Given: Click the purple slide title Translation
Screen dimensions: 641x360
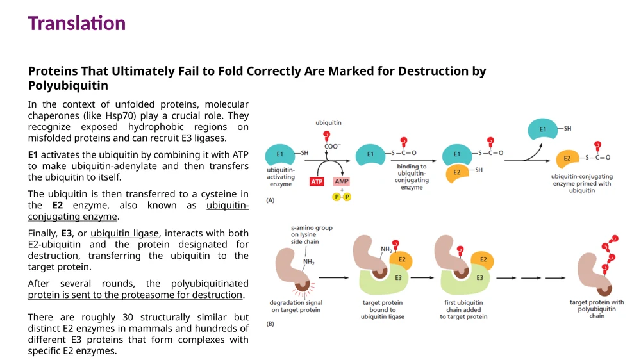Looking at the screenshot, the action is (77, 23).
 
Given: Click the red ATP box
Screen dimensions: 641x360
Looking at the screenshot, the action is (317, 181).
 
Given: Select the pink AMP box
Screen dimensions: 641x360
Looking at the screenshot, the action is (342, 181).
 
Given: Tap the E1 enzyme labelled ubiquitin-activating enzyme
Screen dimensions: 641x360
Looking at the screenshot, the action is (280, 154).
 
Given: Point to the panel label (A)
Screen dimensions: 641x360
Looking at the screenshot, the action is (271, 200).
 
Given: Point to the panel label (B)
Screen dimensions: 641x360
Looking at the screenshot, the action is (271, 323).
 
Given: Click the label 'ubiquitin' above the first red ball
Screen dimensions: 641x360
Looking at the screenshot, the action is (328, 122).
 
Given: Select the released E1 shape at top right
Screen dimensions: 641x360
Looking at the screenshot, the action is (543, 129).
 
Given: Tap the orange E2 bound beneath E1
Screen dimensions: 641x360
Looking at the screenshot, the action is (457, 173).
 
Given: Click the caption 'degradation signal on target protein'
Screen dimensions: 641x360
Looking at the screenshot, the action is (296, 306).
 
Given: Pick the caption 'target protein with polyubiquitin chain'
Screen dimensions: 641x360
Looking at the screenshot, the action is (597, 309).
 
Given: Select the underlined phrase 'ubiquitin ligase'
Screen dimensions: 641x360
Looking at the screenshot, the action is (124, 233).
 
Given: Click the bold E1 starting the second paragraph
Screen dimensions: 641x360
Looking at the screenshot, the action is (33, 155).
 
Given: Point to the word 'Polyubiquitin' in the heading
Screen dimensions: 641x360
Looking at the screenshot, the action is (69, 85).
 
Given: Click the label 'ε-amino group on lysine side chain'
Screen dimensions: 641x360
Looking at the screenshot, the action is (312, 235).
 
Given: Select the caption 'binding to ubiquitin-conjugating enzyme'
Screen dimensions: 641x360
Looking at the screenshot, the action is (412, 177).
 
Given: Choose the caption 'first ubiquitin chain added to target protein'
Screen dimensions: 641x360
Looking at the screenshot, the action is (463, 309).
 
